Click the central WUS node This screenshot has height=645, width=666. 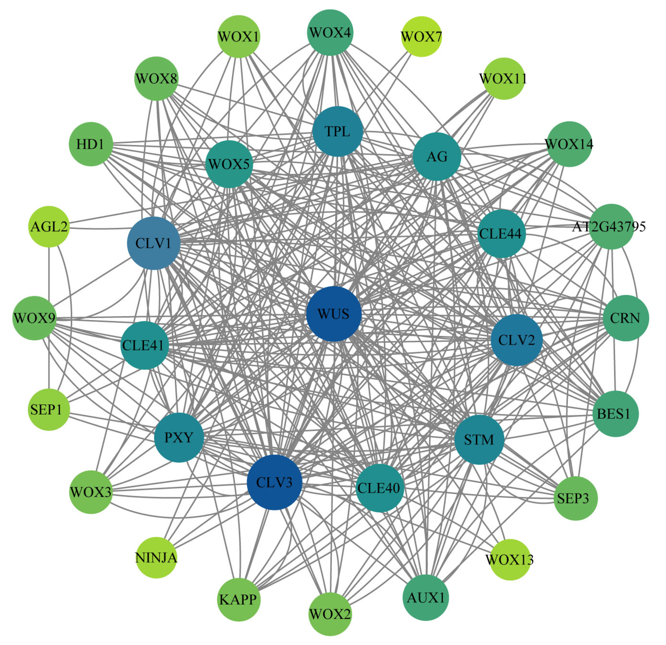coord(333,313)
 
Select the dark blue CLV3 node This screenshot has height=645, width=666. coord(274,482)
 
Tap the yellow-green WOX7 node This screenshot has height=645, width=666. coord(421,36)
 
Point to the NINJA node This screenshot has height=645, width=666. coord(156,558)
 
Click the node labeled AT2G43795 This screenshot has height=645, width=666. coord(611,226)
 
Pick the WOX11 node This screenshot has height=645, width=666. coord(504,79)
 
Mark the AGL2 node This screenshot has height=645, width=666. coord(49,226)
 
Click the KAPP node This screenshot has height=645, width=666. coord(239,600)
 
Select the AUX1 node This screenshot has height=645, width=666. coord(425,597)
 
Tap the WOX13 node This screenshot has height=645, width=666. coord(510,559)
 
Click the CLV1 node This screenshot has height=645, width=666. coord(154,243)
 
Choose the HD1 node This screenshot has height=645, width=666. coord(91,144)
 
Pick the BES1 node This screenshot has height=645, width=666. coord(615,413)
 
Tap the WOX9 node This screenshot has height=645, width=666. coord(34,318)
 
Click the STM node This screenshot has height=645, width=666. coord(479,440)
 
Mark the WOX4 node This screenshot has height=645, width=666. coord(330,33)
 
